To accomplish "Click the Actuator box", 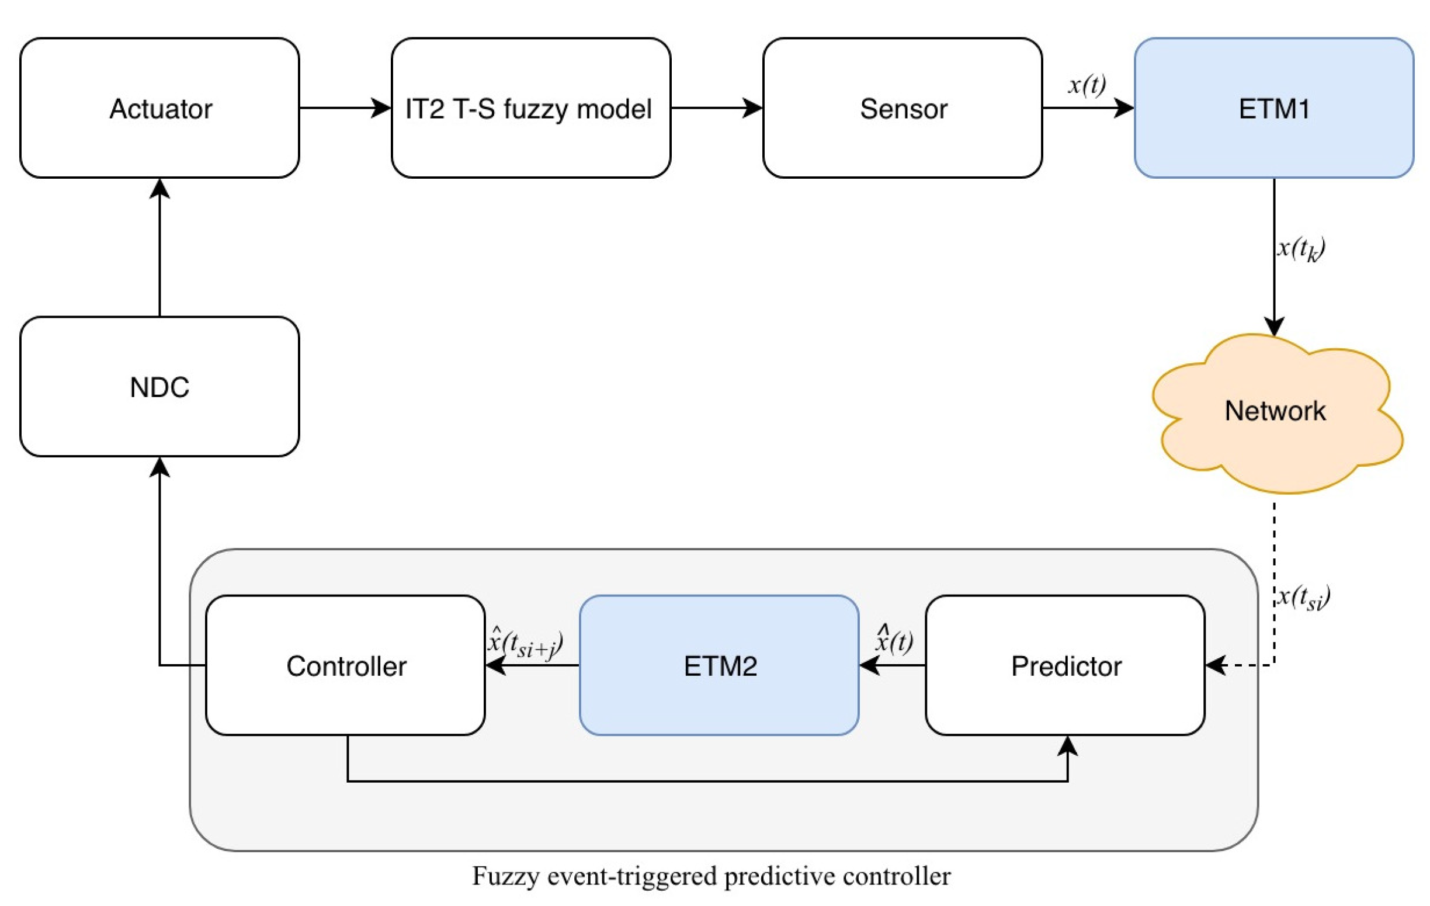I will (x=159, y=108).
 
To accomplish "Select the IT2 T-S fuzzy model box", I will (x=530, y=108).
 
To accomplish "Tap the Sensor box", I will (x=902, y=108).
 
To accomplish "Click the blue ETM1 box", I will (x=1273, y=108).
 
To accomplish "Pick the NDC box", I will (x=159, y=387).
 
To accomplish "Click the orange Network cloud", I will (x=1275, y=411).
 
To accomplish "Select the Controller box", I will (x=346, y=665).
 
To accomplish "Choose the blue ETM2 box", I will (x=719, y=665).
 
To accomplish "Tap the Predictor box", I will (x=1065, y=665).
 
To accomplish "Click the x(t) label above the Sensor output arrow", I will (x=1086, y=85).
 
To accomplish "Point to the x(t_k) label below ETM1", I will (x=1300, y=248).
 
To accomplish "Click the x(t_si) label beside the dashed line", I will (x=1303, y=596).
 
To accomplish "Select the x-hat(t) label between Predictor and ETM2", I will (x=894, y=640).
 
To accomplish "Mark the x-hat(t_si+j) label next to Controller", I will (x=525, y=643).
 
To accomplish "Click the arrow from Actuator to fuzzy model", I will (x=345, y=108).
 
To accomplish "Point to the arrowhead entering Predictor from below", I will (x=1067, y=746).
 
